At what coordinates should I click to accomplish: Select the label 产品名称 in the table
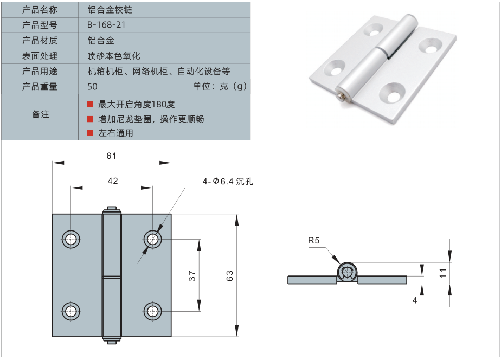point(40,10)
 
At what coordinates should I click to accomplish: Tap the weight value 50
point(92,87)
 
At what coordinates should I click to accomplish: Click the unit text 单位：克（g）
point(220,87)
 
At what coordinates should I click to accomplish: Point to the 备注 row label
point(40,114)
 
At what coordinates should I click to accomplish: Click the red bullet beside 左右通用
point(90,133)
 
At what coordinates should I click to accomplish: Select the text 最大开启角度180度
point(137,104)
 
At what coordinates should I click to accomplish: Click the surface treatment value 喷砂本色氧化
point(114,56)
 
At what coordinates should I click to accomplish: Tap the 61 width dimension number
point(111,156)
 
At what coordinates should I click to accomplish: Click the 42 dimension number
point(112,181)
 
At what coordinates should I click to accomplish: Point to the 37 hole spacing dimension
point(192,275)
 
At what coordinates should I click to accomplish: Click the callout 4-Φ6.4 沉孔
point(228,182)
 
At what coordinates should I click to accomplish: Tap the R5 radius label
point(314,240)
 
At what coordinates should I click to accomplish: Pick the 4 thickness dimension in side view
point(415,300)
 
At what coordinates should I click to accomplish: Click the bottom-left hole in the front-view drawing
point(70,311)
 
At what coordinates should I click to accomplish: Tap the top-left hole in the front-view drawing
point(70,239)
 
